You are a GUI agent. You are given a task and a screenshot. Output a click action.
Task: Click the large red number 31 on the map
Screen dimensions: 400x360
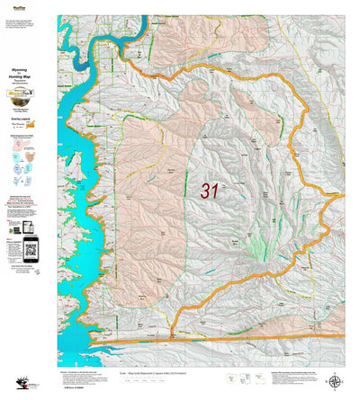210,191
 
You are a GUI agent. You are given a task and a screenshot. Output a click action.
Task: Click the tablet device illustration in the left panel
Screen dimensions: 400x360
15,243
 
